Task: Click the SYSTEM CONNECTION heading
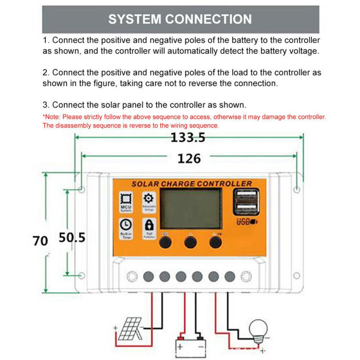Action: point(180,19)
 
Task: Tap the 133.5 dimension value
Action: point(188,138)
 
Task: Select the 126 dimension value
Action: point(189,158)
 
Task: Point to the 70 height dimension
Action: point(40,240)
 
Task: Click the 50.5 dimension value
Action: point(72,238)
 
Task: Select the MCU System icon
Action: point(126,201)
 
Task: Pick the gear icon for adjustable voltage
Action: point(148,199)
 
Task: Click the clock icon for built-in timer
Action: point(126,225)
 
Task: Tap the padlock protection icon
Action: point(148,225)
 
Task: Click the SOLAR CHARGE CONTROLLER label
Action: point(191,184)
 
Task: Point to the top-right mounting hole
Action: point(297,189)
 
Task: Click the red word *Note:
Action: point(52,117)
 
